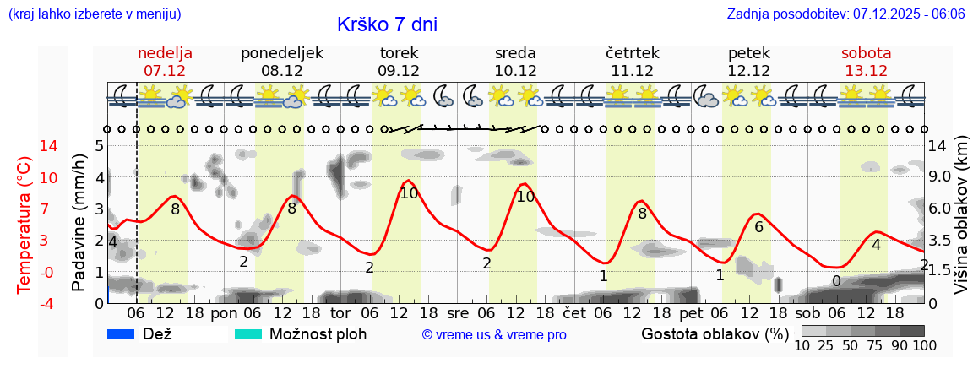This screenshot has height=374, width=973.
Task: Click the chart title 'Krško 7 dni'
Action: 387,24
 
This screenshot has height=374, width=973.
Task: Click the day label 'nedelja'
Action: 166,53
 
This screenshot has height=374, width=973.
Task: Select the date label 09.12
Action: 399,71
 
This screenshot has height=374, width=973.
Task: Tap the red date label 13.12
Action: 866,71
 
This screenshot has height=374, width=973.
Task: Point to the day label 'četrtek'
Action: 633,53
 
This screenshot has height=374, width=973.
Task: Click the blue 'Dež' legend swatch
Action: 122,333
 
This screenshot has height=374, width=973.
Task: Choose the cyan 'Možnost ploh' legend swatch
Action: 248,333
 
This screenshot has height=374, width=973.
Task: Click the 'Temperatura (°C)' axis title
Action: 24,225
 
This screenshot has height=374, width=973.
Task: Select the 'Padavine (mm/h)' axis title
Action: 79,223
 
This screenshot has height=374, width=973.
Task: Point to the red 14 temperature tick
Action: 25,146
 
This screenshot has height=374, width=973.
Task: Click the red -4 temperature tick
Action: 25,303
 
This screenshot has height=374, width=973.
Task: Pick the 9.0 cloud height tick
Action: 941,177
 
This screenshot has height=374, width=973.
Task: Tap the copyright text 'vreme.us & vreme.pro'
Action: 494,334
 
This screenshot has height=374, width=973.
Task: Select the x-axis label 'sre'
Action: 457,313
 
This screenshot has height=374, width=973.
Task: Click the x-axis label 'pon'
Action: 225,313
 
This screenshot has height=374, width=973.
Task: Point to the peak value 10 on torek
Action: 409,193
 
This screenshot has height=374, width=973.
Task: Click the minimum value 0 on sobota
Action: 836,280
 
